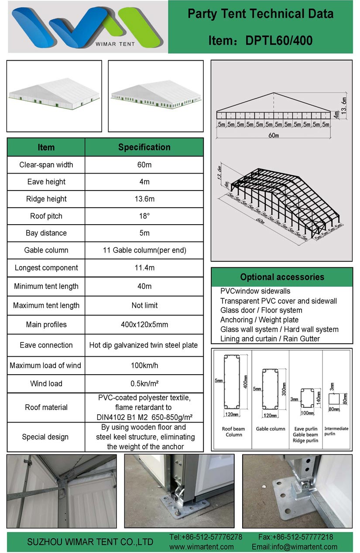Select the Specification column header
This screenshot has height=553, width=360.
click(x=144, y=147)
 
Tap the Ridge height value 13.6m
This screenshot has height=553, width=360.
click(x=144, y=199)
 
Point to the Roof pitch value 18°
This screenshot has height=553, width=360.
click(x=144, y=216)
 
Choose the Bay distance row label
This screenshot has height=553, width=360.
click(x=46, y=233)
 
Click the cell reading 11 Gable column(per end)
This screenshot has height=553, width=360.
click(x=144, y=250)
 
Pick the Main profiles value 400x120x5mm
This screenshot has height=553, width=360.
click(x=144, y=324)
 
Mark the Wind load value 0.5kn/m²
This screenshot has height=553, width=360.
click(x=144, y=384)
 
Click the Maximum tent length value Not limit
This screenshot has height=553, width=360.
click(x=144, y=305)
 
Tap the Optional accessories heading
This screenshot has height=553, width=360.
click(x=282, y=277)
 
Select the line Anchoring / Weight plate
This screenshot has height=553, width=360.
click(x=259, y=320)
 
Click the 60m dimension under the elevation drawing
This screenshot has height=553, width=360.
click(x=274, y=136)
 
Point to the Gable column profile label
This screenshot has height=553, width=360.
click(x=271, y=429)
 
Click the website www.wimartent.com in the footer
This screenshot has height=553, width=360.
click(x=201, y=546)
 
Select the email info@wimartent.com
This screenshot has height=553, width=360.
click(x=295, y=546)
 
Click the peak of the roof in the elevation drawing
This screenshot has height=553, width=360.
click(x=274, y=93)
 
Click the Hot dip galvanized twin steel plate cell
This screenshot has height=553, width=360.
click(x=144, y=345)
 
